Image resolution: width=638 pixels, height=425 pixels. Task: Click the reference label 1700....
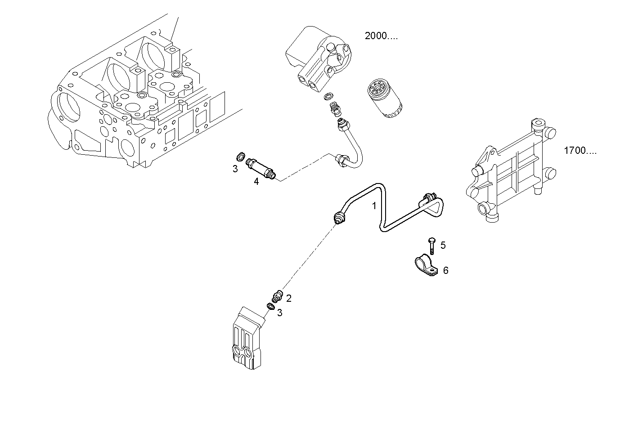(x=580, y=151)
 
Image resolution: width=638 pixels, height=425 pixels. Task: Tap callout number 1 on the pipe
(x=373, y=206)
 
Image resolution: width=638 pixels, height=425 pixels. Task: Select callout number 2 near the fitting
(x=288, y=298)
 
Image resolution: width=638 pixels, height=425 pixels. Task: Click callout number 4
(x=256, y=182)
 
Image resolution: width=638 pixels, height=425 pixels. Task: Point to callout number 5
(x=443, y=245)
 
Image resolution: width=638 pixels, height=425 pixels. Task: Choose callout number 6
(x=445, y=270)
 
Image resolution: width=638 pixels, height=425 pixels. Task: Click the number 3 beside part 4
(x=235, y=169)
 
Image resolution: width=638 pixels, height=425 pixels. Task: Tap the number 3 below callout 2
(x=279, y=313)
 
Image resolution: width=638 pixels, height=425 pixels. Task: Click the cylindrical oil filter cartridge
(x=384, y=98)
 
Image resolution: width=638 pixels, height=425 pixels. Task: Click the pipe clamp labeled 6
(x=425, y=266)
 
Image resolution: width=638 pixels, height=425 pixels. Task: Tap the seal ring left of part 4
(x=241, y=157)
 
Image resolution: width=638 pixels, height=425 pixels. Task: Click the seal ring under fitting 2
(x=270, y=306)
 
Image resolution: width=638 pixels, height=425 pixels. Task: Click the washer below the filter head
(x=329, y=96)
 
